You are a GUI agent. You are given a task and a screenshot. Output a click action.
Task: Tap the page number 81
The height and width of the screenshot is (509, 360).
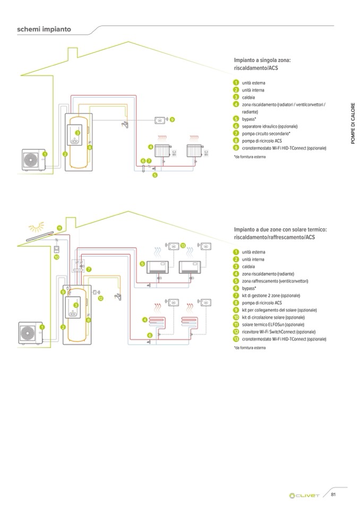pyautogui.click(x=333, y=495)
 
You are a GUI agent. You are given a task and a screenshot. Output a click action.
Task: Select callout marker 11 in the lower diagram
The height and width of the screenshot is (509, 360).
pyautogui.click(x=59, y=228)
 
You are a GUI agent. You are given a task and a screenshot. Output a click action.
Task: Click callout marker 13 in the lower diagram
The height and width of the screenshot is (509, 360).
pyautogui.click(x=183, y=245)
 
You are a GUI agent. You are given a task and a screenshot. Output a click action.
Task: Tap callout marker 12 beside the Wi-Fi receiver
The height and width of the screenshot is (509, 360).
pyautogui.click(x=100, y=298)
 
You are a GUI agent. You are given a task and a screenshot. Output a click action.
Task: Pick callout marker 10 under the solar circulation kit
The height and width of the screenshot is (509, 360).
pyautogui.click(x=57, y=257)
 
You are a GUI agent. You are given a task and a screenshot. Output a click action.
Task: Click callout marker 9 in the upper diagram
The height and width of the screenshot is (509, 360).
pyautogui.click(x=172, y=120)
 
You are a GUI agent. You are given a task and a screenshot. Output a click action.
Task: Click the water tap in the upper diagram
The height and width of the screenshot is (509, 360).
pyautogui.click(x=125, y=125)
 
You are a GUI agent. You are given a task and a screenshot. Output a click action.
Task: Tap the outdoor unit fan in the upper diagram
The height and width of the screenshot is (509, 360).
pyautogui.click(x=30, y=159)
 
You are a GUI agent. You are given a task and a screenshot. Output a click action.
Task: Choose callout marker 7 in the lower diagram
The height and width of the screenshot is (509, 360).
pyautogui.click(x=89, y=269)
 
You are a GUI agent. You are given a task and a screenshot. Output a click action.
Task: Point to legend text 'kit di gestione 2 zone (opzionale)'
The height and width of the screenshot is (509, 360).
pyautogui.click(x=271, y=295)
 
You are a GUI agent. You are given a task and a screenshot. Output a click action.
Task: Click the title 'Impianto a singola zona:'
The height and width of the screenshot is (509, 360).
pyautogui.click(x=262, y=61)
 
